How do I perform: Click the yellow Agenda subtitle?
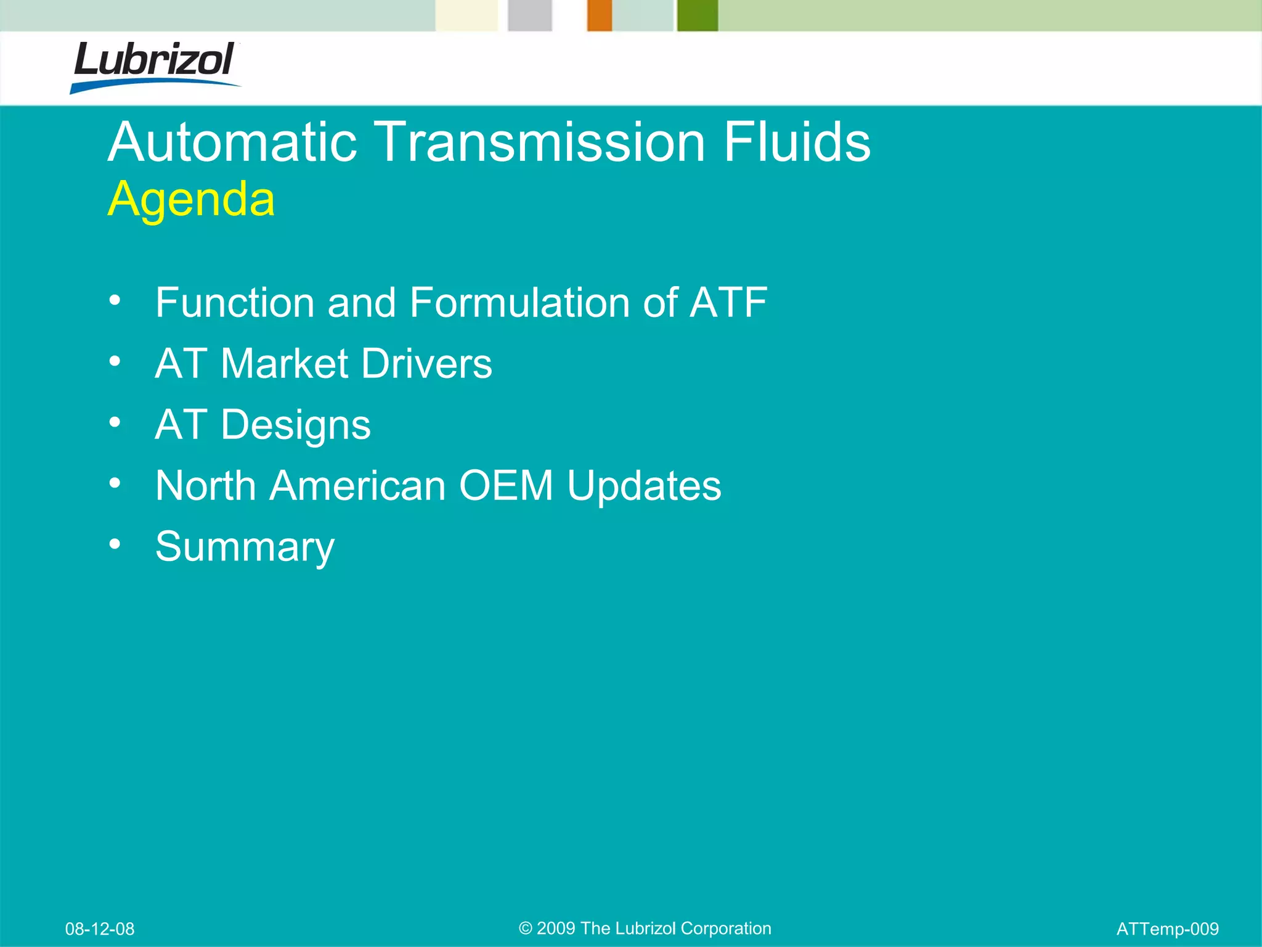pos(191,199)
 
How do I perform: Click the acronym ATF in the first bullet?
pos(728,303)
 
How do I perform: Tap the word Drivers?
pos(427,363)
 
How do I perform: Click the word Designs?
pos(296,425)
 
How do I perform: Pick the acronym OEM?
pos(506,486)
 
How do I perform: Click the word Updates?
pos(644,486)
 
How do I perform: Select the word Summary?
pos(245,547)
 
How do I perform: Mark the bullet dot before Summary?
pos(115,544)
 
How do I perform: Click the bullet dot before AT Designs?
pos(115,422)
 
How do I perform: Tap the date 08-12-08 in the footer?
pos(100,929)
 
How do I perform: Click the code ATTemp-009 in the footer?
pos(1167,929)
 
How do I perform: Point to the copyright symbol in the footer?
pos(525,929)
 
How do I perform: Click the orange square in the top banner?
pos(599,15)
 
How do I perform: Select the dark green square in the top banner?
pos(698,15)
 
